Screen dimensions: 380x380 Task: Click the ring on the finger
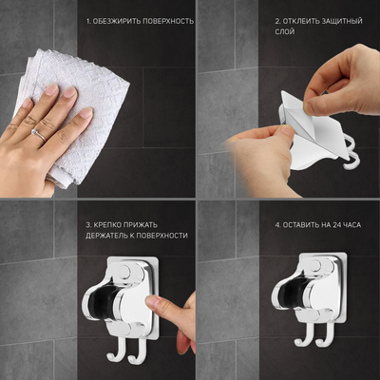click(39, 135)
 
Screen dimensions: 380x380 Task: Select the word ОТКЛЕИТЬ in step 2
click(301, 21)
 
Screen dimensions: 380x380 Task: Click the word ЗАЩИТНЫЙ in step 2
click(342, 21)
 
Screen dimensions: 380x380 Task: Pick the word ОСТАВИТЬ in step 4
click(296, 225)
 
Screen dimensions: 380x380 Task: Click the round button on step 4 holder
click(316, 265)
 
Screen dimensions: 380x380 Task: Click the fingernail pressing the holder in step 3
click(153, 302)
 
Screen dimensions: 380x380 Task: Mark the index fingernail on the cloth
click(69, 92)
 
